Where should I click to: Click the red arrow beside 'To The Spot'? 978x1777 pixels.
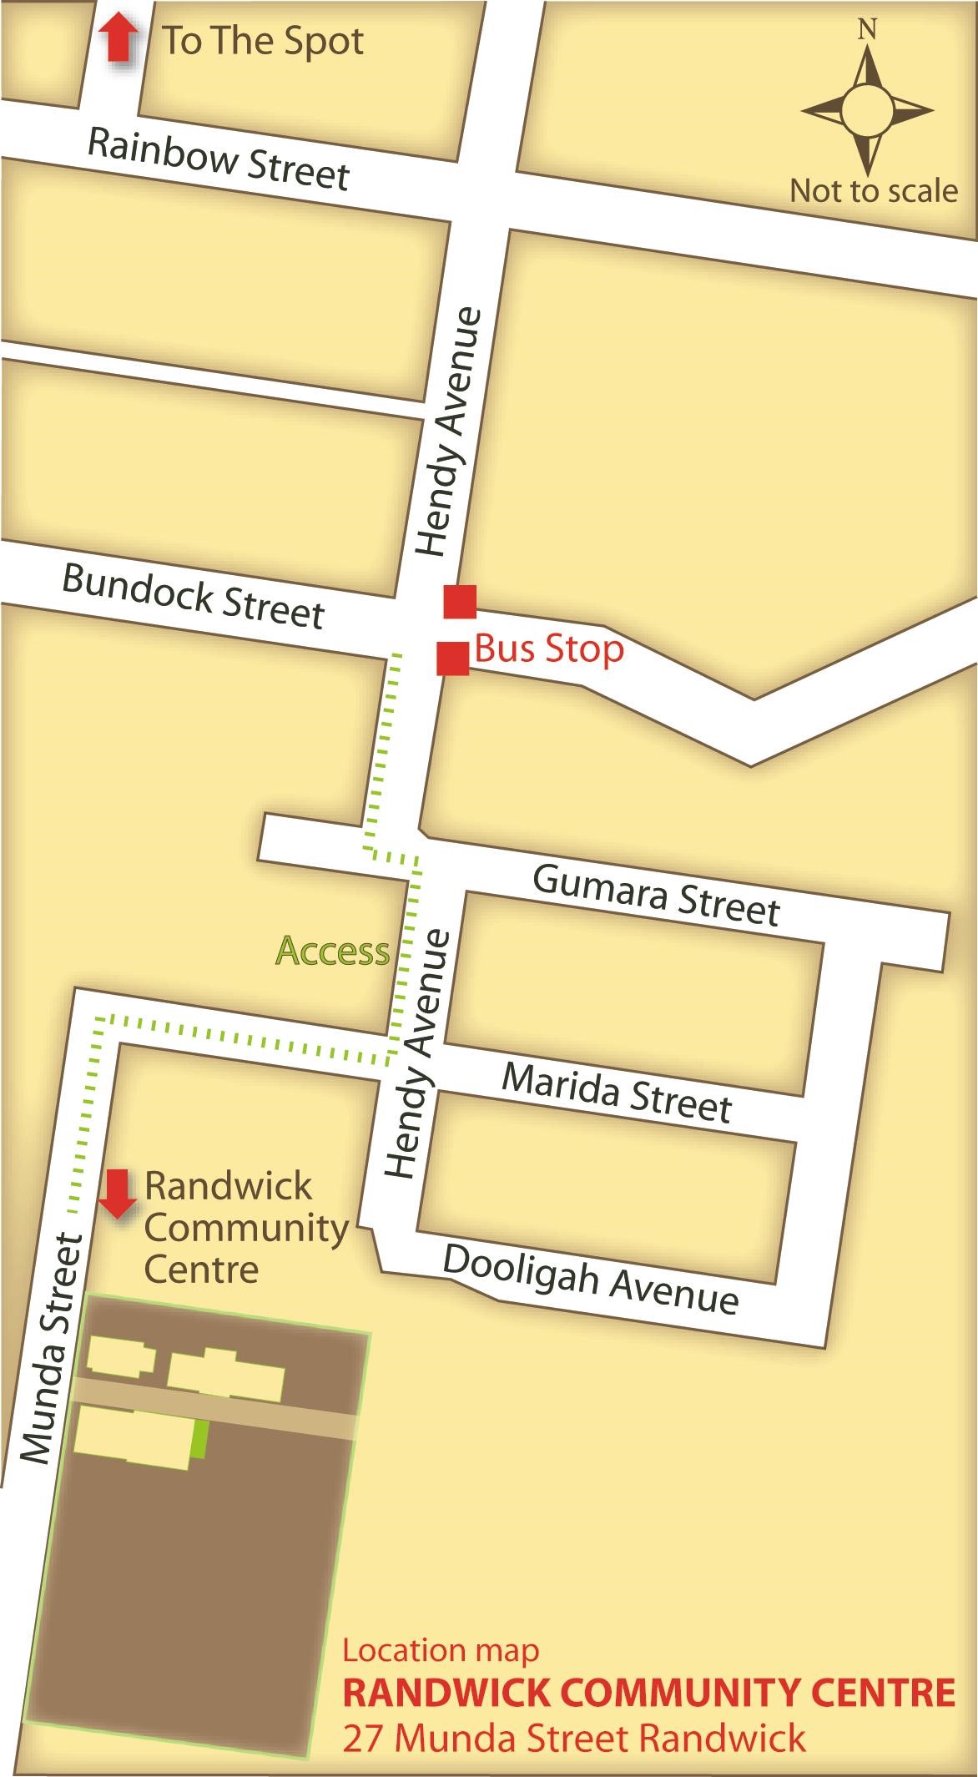click(x=118, y=39)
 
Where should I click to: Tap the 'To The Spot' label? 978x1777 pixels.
click(x=262, y=42)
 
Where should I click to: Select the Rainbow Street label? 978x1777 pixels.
click(x=219, y=159)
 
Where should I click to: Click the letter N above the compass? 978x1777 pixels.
click(x=868, y=30)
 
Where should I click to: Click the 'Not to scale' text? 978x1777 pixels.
click(x=873, y=191)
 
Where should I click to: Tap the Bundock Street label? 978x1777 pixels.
click(x=193, y=596)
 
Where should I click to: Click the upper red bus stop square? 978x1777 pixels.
click(x=460, y=602)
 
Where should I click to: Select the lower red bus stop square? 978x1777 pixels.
click(x=453, y=658)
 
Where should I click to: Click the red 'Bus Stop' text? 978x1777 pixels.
click(x=549, y=649)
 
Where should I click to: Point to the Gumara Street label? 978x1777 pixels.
click(x=656, y=895)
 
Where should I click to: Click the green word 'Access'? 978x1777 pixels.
click(x=332, y=951)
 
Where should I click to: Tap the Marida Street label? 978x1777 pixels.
click(x=617, y=1093)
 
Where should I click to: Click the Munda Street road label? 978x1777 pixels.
click(x=52, y=1348)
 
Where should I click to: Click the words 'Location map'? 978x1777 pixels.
click(x=441, y=1650)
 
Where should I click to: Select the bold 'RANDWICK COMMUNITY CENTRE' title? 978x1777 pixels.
click(x=649, y=1693)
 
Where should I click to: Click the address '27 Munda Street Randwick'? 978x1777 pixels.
click(x=574, y=1739)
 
